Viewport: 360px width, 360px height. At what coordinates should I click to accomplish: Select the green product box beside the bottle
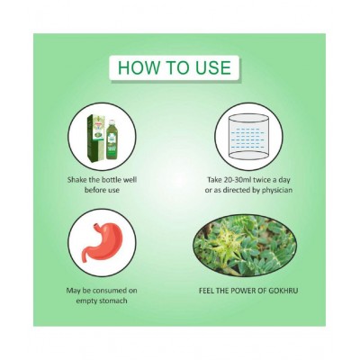click(94, 138)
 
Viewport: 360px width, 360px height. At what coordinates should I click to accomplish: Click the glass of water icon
click(249, 136)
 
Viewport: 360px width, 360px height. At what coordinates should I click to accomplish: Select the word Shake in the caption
click(76, 180)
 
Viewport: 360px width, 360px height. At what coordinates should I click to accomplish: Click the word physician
click(276, 191)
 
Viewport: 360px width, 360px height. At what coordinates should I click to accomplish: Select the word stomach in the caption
click(114, 301)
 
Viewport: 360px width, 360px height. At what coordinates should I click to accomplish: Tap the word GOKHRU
click(284, 291)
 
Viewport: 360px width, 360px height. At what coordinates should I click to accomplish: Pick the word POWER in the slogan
click(250, 291)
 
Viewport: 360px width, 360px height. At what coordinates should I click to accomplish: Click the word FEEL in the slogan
click(206, 291)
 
